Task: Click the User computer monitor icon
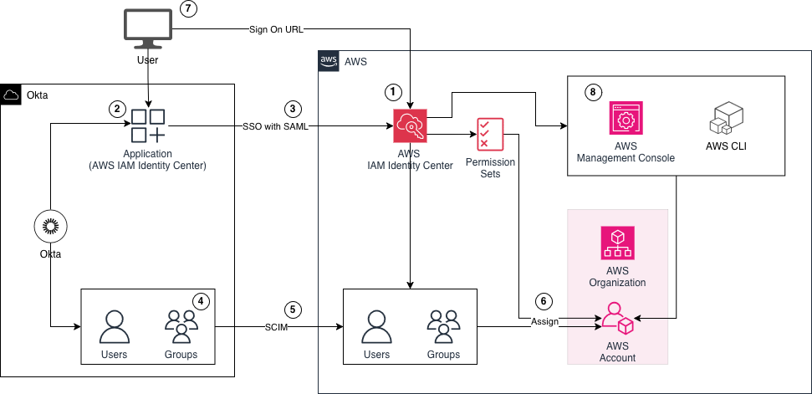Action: pos(148,28)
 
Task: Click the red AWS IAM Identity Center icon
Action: pos(410,126)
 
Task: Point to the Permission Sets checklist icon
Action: pos(490,134)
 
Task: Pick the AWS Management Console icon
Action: pos(626,120)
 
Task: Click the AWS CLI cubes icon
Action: pos(724,119)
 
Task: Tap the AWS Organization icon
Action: pos(618,243)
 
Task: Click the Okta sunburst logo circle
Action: pos(51,227)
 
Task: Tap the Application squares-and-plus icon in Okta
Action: pos(148,126)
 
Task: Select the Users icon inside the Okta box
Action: pos(114,327)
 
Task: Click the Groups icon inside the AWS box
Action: pos(443,327)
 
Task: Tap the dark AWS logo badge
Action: pos(329,61)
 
